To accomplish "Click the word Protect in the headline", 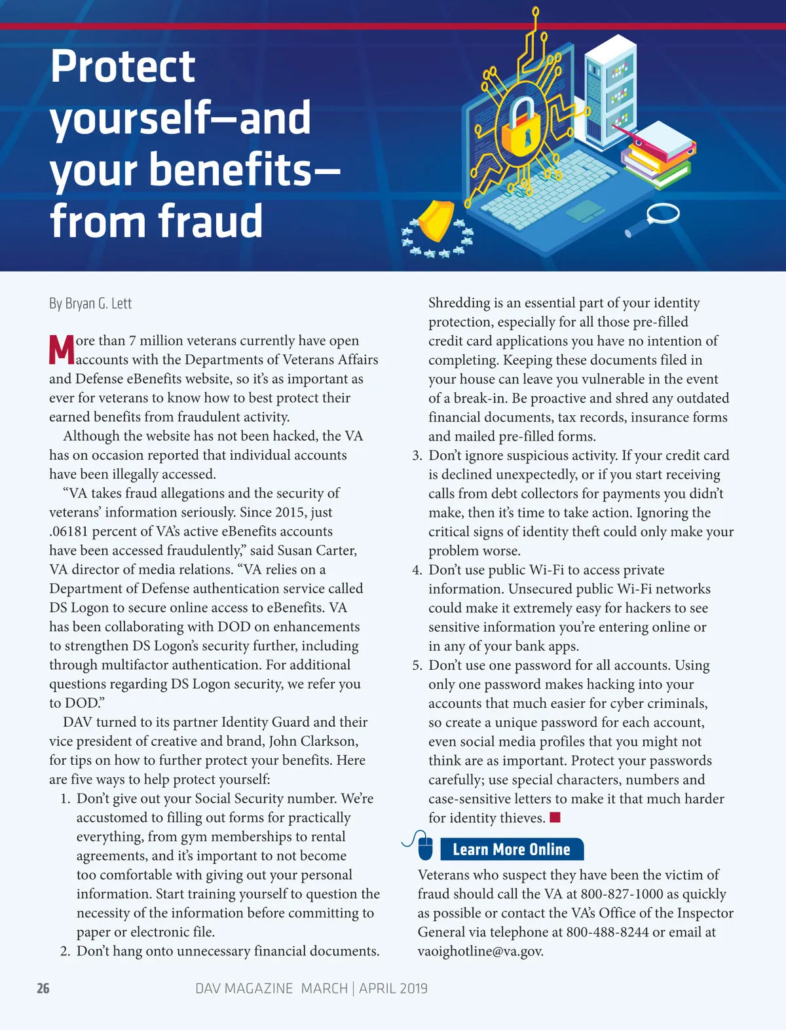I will pyautogui.click(x=122, y=67).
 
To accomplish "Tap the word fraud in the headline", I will pyautogui.click(x=210, y=221).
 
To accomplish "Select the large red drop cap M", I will pyautogui.click(x=62, y=350).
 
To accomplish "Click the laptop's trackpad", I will pyautogui.click(x=585, y=211).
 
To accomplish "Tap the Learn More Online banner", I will pyautogui.click(x=512, y=849).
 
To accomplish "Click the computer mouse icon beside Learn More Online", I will pyautogui.click(x=424, y=847).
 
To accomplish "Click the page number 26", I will pyautogui.click(x=43, y=989).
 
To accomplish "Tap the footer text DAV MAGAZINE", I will pyautogui.click(x=244, y=989).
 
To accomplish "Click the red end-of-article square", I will pyautogui.click(x=555, y=817).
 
